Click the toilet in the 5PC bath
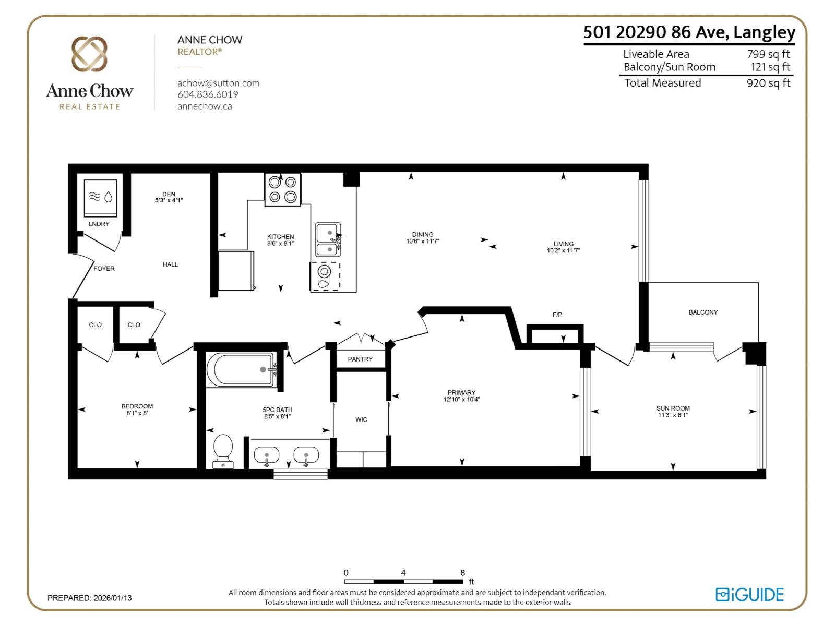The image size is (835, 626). pos(223,451)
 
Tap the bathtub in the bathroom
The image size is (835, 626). pos(241,370)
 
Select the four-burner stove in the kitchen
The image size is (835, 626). pos(283,189)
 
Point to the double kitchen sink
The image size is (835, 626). pos(328,240)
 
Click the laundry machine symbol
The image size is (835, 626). pos(100,198)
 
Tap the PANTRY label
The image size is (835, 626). pos(360,359)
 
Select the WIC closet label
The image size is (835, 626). pos(361,419)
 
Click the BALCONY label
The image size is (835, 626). pos(703,312)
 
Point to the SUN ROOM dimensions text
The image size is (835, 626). pos(673,415)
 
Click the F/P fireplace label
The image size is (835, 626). pos(557,315)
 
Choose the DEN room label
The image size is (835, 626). pos(169,194)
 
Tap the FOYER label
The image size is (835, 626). pos(104,269)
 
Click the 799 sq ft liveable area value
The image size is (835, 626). pos(768,54)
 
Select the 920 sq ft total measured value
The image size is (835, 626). pos(768,83)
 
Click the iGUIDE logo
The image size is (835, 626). pos(749,595)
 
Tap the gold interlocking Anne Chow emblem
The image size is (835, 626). pos(89,54)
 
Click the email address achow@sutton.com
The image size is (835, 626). pos(218,83)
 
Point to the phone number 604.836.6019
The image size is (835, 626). pos(208,94)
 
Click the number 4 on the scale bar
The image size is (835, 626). pos(403,573)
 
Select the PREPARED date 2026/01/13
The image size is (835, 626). pos(112,598)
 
